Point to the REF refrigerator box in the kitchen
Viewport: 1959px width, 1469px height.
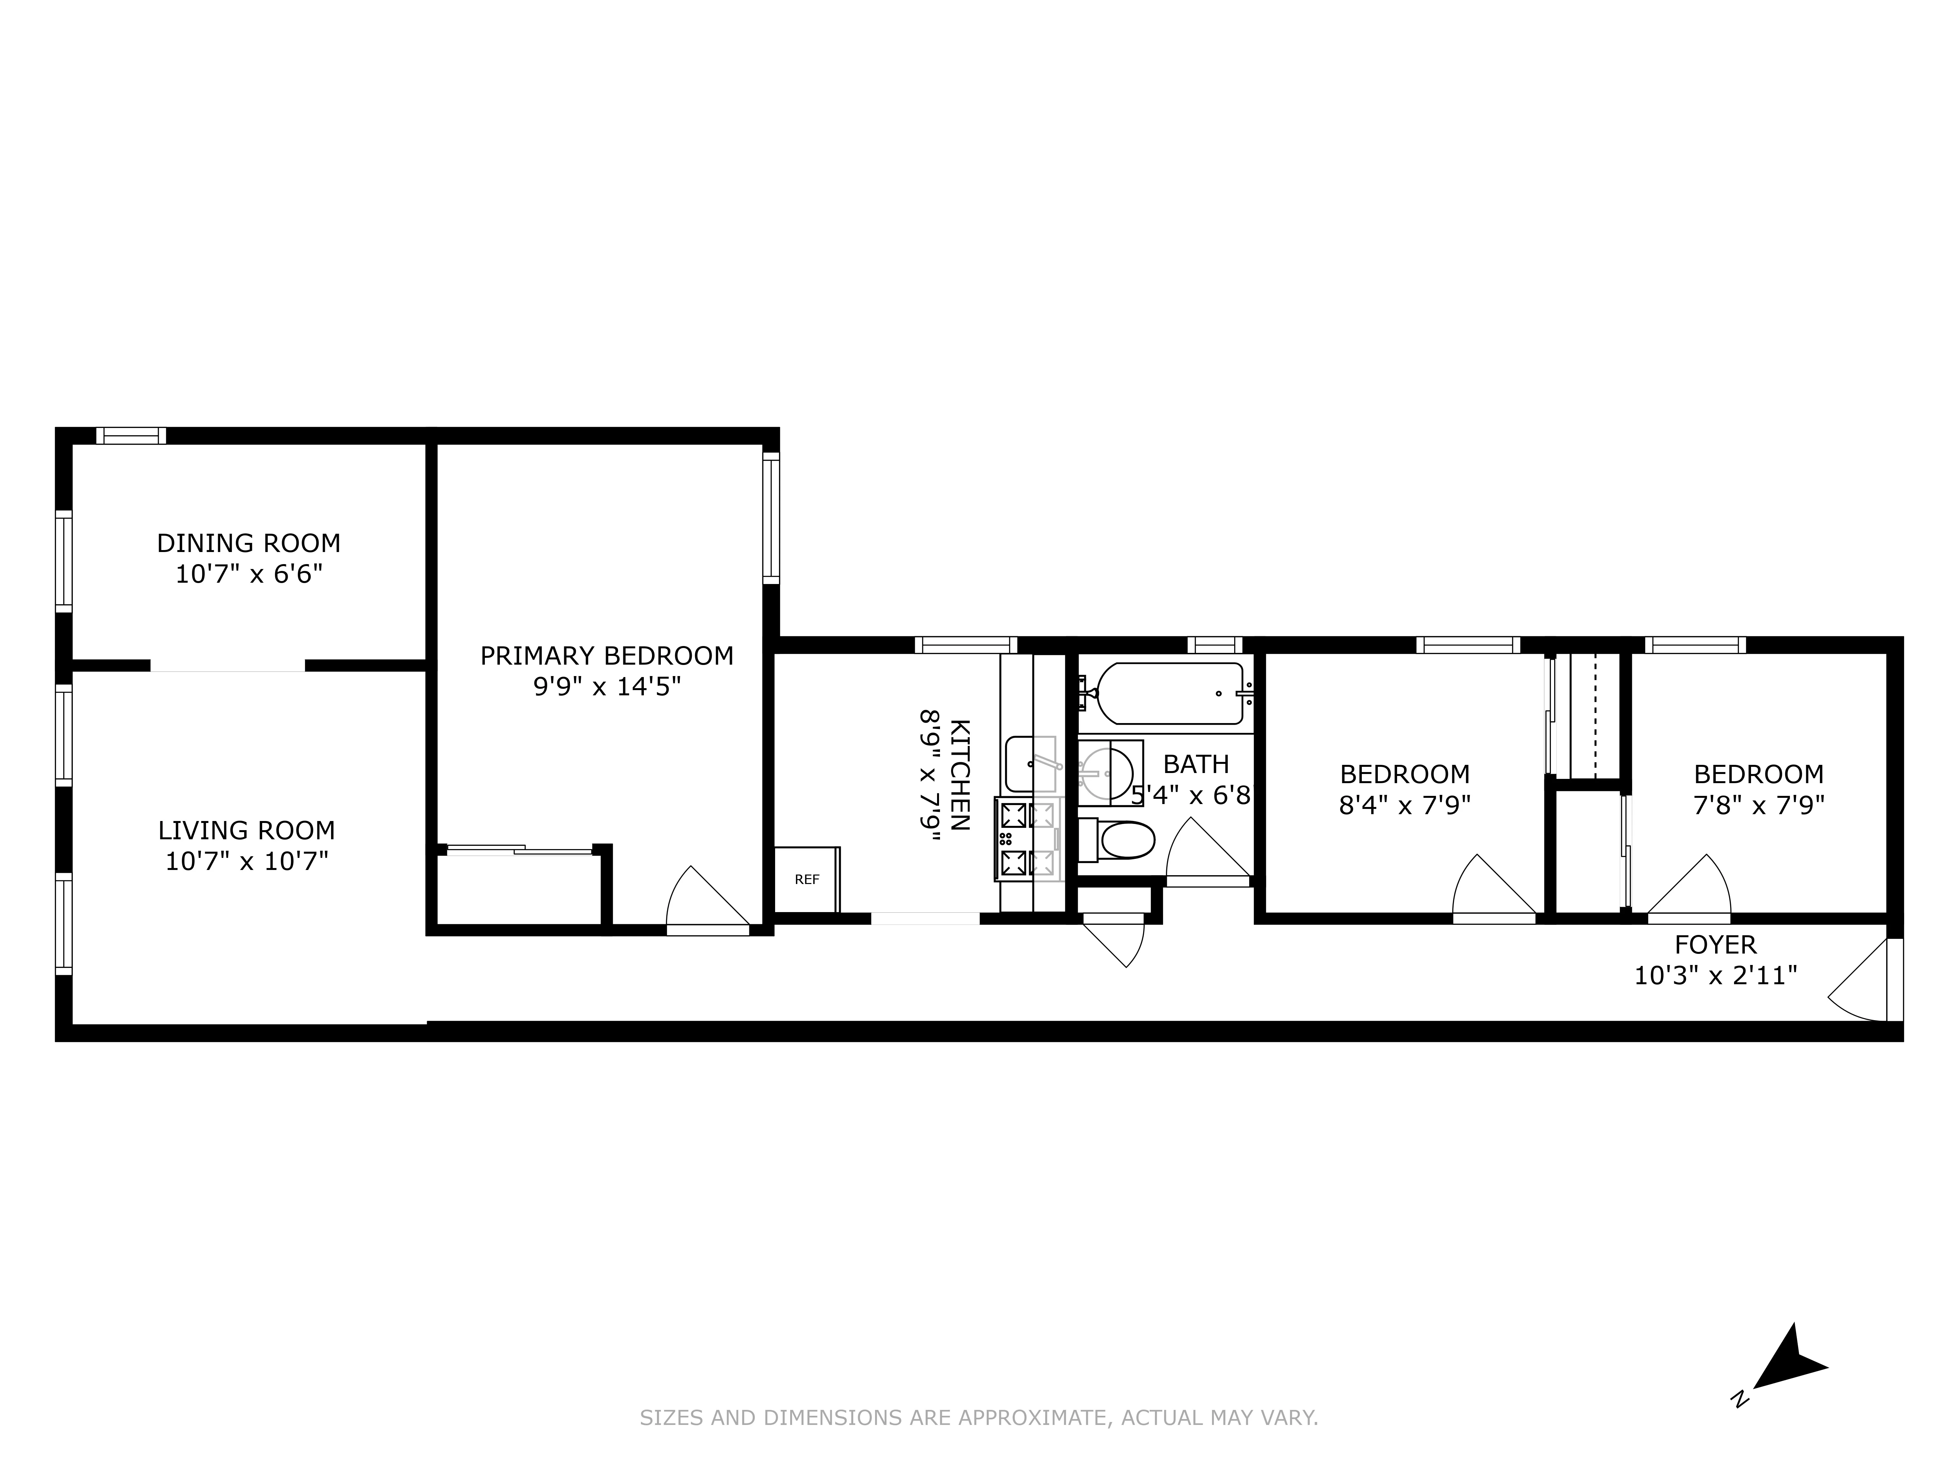[x=807, y=879]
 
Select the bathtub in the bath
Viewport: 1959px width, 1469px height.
[x=1169, y=693]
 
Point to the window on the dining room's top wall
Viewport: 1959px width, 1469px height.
[x=131, y=436]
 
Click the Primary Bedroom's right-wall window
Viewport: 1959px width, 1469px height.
[x=772, y=518]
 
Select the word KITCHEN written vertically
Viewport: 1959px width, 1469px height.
[x=959, y=775]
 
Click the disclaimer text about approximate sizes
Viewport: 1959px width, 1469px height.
[x=979, y=1418]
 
